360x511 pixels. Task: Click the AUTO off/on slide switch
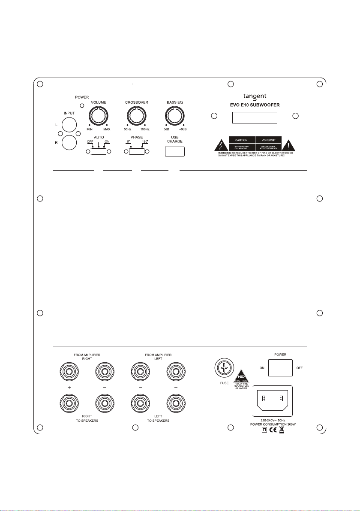(x=99, y=151)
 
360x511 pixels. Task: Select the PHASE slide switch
(x=136, y=151)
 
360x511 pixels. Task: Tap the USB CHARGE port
(x=174, y=151)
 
